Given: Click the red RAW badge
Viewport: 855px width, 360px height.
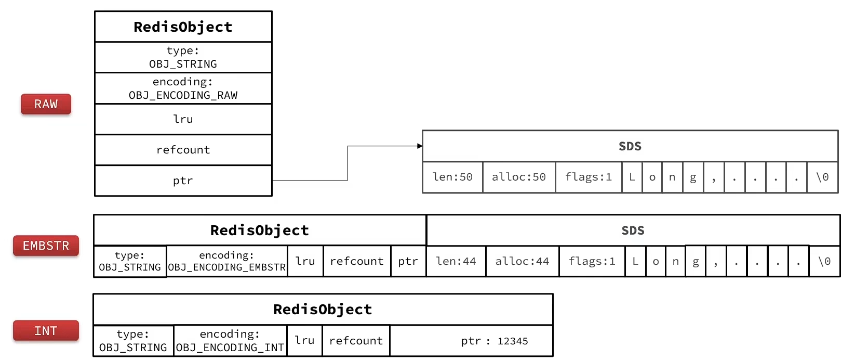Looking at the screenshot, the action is (46, 104).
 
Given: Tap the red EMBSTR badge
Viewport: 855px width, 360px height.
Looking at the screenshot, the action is (46, 246).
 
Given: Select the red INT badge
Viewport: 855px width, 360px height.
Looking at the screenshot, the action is (46, 330).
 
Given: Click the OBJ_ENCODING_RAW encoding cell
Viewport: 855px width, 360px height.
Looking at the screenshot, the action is (183, 88).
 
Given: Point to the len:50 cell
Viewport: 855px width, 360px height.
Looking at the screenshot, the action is (452, 177).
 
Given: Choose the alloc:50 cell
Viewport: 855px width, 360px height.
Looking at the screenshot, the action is (519, 177).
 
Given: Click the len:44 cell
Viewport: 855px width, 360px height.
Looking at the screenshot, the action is (456, 261).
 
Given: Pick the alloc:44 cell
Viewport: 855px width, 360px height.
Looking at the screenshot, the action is (523, 261).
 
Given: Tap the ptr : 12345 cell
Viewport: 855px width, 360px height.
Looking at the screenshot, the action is (472, 341).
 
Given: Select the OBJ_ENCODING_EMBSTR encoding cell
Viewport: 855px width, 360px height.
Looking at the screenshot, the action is (227, 261).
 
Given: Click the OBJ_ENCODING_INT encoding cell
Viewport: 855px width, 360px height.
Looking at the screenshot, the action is (230, 341).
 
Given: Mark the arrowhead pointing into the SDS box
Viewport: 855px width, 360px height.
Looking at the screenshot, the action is (420, 146).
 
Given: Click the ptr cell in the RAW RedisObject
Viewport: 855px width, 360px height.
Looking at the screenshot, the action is (183, 181).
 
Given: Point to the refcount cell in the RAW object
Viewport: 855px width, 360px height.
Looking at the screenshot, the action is (183, 150).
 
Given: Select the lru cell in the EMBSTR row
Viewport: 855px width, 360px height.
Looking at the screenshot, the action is (305, 261).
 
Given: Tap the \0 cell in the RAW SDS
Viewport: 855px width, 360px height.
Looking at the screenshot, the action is (823, 177).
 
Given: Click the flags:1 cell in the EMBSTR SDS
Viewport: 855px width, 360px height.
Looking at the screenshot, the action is (592, 261).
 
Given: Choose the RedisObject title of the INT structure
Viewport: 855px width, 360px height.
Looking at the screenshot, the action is (323, 309).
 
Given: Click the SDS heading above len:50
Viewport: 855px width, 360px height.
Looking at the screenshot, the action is (630, 146).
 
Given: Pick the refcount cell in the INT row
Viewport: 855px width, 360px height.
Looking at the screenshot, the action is (356, 341).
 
